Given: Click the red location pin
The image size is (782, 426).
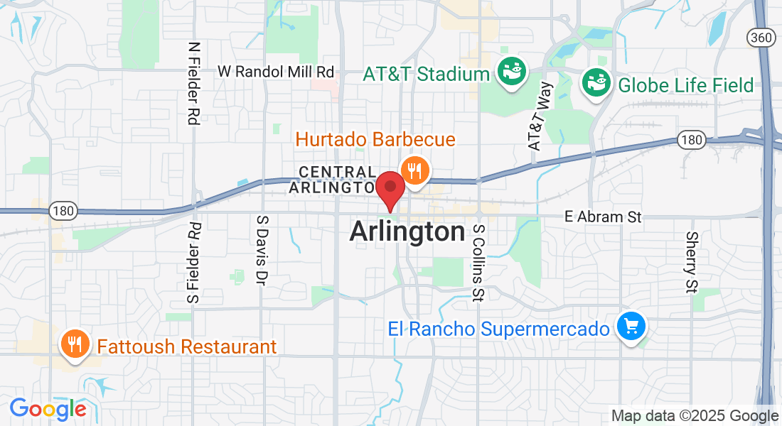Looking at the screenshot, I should (390, 189).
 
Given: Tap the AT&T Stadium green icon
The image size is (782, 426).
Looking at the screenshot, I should (511, 73).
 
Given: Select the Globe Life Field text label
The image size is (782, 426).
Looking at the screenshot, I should (686, 86).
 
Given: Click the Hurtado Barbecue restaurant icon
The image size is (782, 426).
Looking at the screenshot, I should (414, 171).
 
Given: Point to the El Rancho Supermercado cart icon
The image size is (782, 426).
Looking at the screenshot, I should (630, 327).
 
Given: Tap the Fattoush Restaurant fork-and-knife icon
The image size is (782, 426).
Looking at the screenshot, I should (74, 345).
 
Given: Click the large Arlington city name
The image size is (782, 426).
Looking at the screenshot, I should (407, 231).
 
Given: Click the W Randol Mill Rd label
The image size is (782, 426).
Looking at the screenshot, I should (276, 72).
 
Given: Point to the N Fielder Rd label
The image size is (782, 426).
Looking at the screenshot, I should (193, 83).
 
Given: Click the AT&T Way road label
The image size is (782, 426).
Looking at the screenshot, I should (540, 116).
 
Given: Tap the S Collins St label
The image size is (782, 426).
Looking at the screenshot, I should (478, 263).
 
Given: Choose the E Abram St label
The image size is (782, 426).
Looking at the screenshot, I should (603, 217).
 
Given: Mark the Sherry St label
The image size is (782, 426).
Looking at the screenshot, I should (691, 262).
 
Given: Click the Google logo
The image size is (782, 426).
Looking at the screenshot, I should (48, 409).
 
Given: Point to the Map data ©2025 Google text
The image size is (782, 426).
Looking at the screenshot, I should (695, 415).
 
